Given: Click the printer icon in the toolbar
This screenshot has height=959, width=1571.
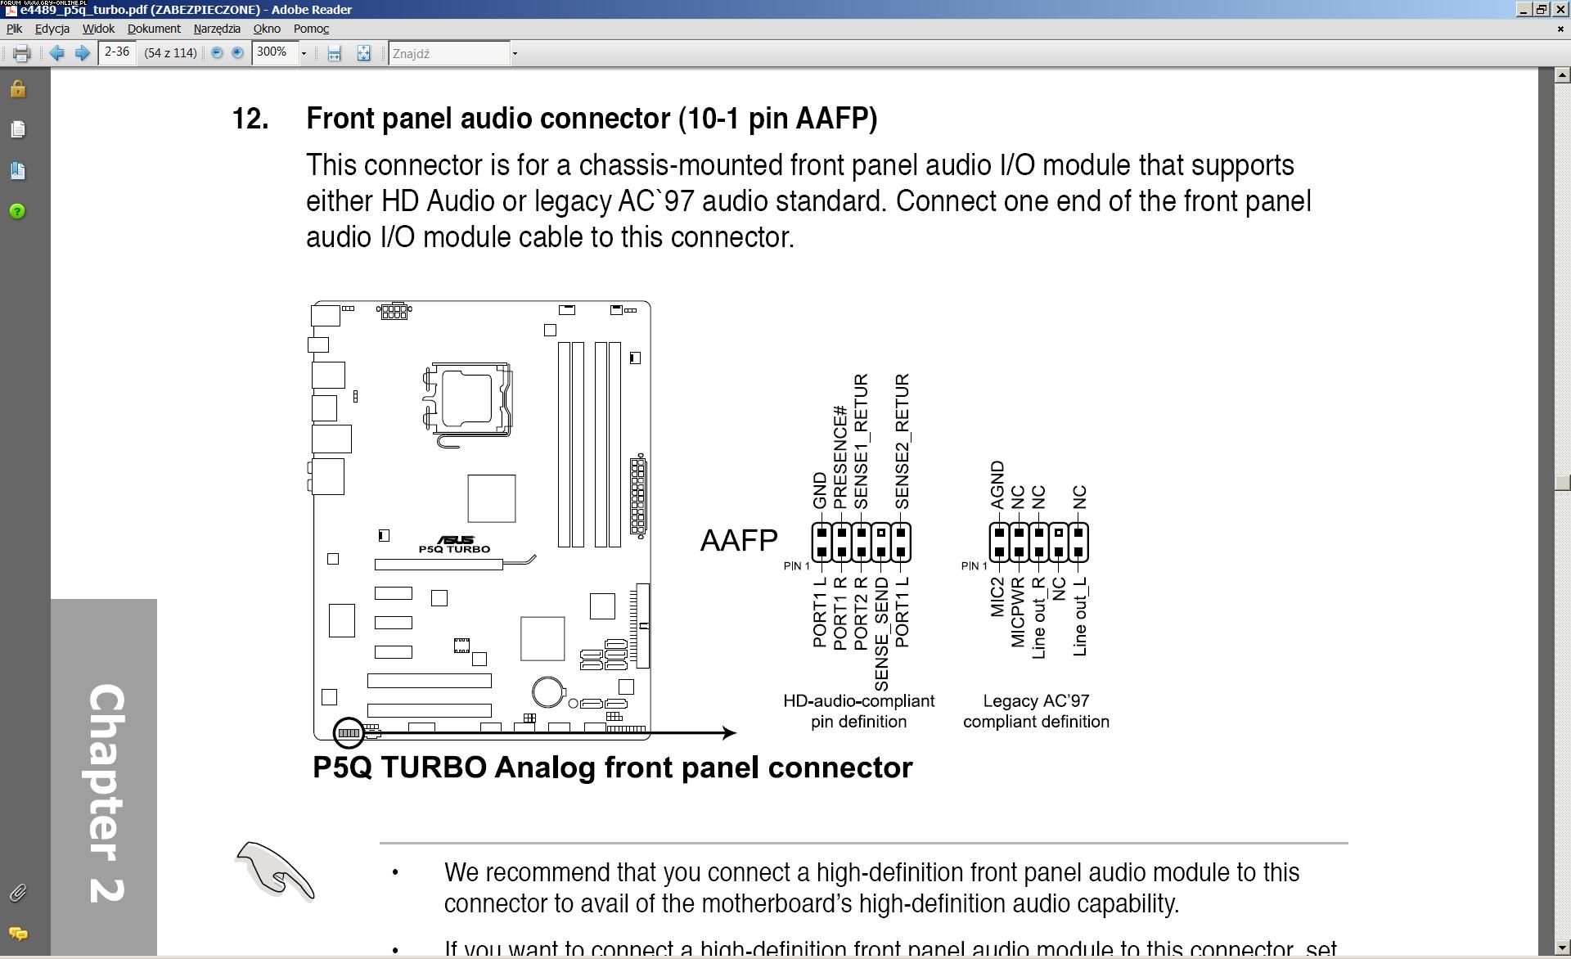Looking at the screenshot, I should tap(22, 54).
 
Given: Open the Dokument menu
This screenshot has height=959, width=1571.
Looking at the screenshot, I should tap(154, 29).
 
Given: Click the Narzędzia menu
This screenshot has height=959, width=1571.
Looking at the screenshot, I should tap(217, 29).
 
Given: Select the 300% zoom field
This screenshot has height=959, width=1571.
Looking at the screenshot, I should tap(273, 53).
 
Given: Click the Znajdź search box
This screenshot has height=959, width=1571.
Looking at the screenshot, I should tap(448, 54).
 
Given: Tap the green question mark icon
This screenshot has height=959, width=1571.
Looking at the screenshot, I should tap(17, 212).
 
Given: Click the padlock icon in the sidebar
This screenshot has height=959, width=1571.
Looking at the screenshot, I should tap(17, 89).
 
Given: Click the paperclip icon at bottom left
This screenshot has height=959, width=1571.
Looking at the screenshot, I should tap(17, 893).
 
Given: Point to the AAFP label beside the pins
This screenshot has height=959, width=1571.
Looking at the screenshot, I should tap(738, 541).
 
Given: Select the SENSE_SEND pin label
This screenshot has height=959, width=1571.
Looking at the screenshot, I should tap(881, 633).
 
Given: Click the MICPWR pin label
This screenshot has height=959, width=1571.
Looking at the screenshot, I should tap(1018, 612).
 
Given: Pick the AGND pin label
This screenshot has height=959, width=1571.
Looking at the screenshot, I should tap(997, 484).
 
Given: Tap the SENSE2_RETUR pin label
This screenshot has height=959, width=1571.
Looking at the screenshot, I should tap(902, 441).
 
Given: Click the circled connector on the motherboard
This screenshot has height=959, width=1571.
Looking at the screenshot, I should tap(349, 732).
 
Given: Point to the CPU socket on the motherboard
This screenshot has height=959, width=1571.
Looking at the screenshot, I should tap(467, 400).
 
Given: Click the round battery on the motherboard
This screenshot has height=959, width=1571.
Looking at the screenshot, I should tap(547, 692).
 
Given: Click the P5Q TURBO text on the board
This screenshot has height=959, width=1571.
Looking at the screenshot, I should tap(454, 549).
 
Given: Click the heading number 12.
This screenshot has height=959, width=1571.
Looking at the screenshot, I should tap(250, 119).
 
